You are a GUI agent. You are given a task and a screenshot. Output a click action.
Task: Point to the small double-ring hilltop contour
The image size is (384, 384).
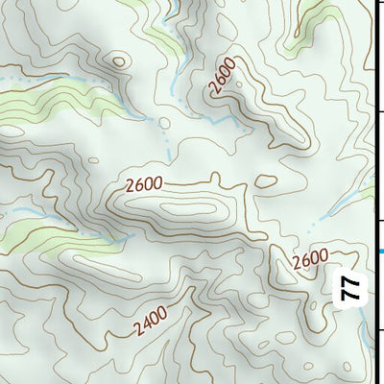[118, 61]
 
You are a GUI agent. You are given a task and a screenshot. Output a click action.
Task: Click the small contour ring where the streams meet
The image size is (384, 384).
[164, 122]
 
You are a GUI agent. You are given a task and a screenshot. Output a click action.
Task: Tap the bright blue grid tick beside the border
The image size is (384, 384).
[379, 252]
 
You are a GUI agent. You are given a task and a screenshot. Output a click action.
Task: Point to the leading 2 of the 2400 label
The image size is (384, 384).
[139, 329]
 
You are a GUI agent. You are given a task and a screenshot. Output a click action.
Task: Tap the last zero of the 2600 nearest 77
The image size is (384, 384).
[324, 254]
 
